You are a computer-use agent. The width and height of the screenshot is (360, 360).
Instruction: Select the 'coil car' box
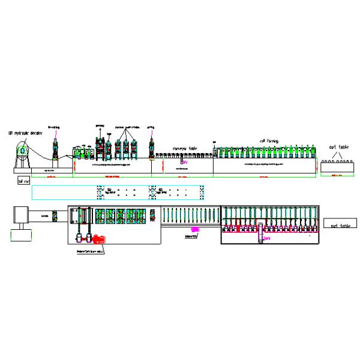coord(24,180)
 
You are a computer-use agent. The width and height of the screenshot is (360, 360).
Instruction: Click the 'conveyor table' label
coord(185,148)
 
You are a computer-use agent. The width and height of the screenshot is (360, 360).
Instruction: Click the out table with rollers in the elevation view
coord(336,167)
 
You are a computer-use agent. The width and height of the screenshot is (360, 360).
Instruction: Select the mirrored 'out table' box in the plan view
coord(336,226)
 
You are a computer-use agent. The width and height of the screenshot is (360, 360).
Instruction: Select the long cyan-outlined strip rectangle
coord(118,193)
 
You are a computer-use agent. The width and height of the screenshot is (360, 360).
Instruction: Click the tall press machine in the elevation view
coord(99,147)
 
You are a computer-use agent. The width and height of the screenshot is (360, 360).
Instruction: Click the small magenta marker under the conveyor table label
coord(184,162)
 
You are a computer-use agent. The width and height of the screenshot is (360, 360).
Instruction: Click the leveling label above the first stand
coord(55,128)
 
